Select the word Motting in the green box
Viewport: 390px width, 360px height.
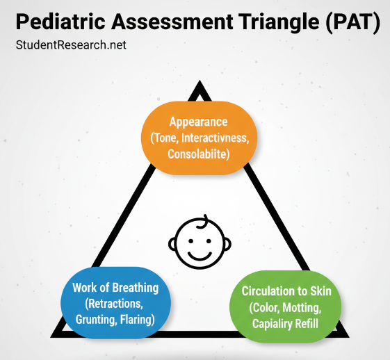click(x=311, y=307)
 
